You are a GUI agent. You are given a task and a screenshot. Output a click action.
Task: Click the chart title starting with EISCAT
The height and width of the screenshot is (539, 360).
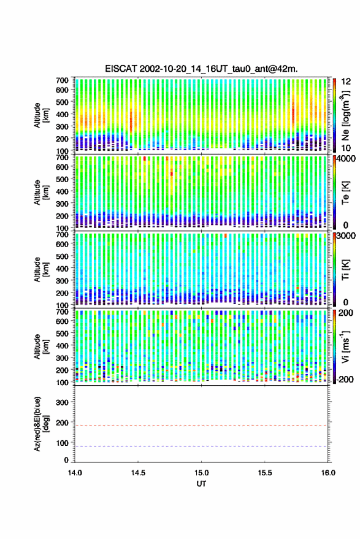[202, 69]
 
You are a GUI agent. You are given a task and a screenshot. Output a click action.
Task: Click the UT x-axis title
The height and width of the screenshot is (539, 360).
[202, 484]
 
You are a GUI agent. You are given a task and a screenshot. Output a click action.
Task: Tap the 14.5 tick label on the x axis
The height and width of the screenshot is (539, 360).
[138, 473]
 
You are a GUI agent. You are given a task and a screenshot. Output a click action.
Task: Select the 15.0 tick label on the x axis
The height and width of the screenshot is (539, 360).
[202, 473]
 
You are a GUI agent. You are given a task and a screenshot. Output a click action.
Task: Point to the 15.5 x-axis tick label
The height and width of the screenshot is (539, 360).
[265, 473]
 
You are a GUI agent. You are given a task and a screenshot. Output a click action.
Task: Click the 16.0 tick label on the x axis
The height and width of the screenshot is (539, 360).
[328, 473]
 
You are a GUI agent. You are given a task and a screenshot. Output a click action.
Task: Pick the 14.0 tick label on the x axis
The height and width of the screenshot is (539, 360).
[75, 473]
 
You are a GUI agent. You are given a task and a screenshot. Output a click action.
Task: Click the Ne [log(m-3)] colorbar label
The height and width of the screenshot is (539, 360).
[345, 115]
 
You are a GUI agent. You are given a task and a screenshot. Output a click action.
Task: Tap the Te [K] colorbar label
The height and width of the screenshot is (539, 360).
[345, 193]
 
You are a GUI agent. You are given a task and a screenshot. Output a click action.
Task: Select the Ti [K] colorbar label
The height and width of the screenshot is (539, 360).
[345, 270]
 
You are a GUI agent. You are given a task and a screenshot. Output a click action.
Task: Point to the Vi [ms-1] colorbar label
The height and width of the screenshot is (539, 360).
[345, 346]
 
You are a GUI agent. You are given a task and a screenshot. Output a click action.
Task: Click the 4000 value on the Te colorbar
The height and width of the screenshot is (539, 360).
[346, 159]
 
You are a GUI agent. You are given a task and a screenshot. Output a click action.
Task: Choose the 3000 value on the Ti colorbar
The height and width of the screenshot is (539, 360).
[346, 236]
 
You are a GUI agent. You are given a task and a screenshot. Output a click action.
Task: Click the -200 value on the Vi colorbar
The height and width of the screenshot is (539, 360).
[345, 379]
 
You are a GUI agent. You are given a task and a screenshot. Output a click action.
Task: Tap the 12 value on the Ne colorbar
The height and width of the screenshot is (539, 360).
[346, 82]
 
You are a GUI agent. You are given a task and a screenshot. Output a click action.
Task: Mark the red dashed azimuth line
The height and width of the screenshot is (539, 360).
[202, 426]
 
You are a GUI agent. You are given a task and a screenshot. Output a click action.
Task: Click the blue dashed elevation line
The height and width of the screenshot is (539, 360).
[202, 446]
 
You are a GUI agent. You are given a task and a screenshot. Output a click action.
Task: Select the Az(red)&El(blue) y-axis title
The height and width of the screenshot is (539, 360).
[40, 424]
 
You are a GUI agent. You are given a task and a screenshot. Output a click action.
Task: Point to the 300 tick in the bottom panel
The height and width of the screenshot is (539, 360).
[62, 402]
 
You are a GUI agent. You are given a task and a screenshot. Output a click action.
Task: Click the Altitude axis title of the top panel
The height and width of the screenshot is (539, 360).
[40, 115]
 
